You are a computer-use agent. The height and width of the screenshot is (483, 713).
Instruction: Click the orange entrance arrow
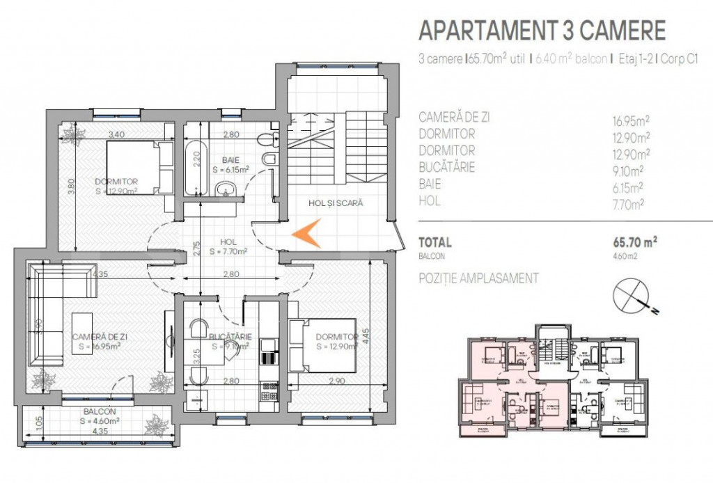click(x=307, y=234)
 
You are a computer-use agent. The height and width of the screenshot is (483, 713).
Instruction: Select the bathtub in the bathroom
click(x=196, y=167)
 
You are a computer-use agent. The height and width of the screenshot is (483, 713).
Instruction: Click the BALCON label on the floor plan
click(x=97, y=411)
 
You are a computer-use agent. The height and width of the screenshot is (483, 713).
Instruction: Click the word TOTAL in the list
click(x=434, y=243)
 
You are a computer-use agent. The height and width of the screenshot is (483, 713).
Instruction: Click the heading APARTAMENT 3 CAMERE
click(x=542, y=31)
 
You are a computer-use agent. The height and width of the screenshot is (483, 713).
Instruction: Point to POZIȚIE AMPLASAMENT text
click(x=478, y=278)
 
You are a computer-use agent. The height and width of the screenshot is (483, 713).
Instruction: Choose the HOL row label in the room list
click(x=431, y=202)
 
